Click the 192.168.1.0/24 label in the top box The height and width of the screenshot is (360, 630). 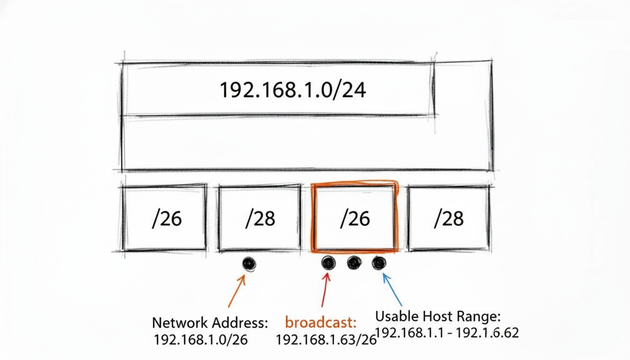[x=292, y=90]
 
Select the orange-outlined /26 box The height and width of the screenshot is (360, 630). [x=355, y=218]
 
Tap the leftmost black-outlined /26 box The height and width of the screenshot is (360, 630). [x=165, y=218]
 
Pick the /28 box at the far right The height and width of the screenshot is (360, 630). [x=449, y=218]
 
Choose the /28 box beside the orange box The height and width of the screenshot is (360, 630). [x=260, y=218]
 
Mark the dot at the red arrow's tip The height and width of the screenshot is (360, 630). [x=329, y=263]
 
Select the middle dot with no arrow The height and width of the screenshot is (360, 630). [x=354, y=263]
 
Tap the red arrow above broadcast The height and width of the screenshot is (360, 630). [x=325, y=291]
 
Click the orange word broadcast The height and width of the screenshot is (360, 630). [x=321, y=322]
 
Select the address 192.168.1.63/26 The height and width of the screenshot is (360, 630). [x=326, y=340]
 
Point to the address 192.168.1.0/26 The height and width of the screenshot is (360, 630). [x=201, y=340]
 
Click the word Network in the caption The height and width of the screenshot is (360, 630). [x=180, y=322]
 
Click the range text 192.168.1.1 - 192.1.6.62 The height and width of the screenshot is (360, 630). [x=447, y=333]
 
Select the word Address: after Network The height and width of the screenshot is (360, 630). [x=240, y=322]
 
